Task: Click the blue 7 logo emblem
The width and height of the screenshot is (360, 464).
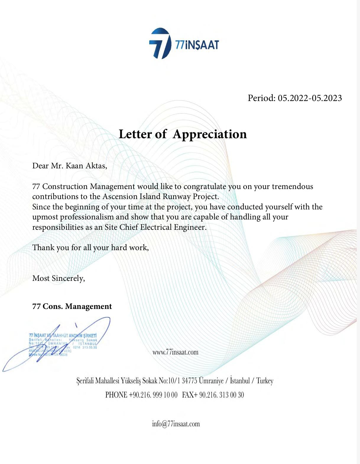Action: (x=160, y=43)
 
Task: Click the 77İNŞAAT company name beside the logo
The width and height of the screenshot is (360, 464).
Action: (x=197, y=45)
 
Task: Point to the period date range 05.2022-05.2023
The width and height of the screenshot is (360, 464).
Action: (x=309, y=98)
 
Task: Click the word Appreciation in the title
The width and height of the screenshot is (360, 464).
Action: (x=210, y=134)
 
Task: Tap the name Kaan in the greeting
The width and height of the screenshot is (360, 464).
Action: (x=74, y=166)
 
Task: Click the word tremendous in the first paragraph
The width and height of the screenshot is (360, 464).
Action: (x=292, y=187)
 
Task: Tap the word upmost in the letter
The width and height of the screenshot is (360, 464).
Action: (x=45, y=217)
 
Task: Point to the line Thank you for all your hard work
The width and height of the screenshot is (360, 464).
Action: (x=90, y=248)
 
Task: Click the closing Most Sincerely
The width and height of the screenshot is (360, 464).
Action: (x=59, y=278)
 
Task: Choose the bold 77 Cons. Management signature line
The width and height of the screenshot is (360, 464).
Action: (x=72, y=306)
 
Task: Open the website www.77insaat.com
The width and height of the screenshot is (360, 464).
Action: (x=175, y=352)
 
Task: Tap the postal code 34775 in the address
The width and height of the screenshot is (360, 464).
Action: (x=189, y=381)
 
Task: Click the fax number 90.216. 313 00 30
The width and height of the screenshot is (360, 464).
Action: (x=221, y=395)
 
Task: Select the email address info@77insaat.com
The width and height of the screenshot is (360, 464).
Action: (x=176, y=424)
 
